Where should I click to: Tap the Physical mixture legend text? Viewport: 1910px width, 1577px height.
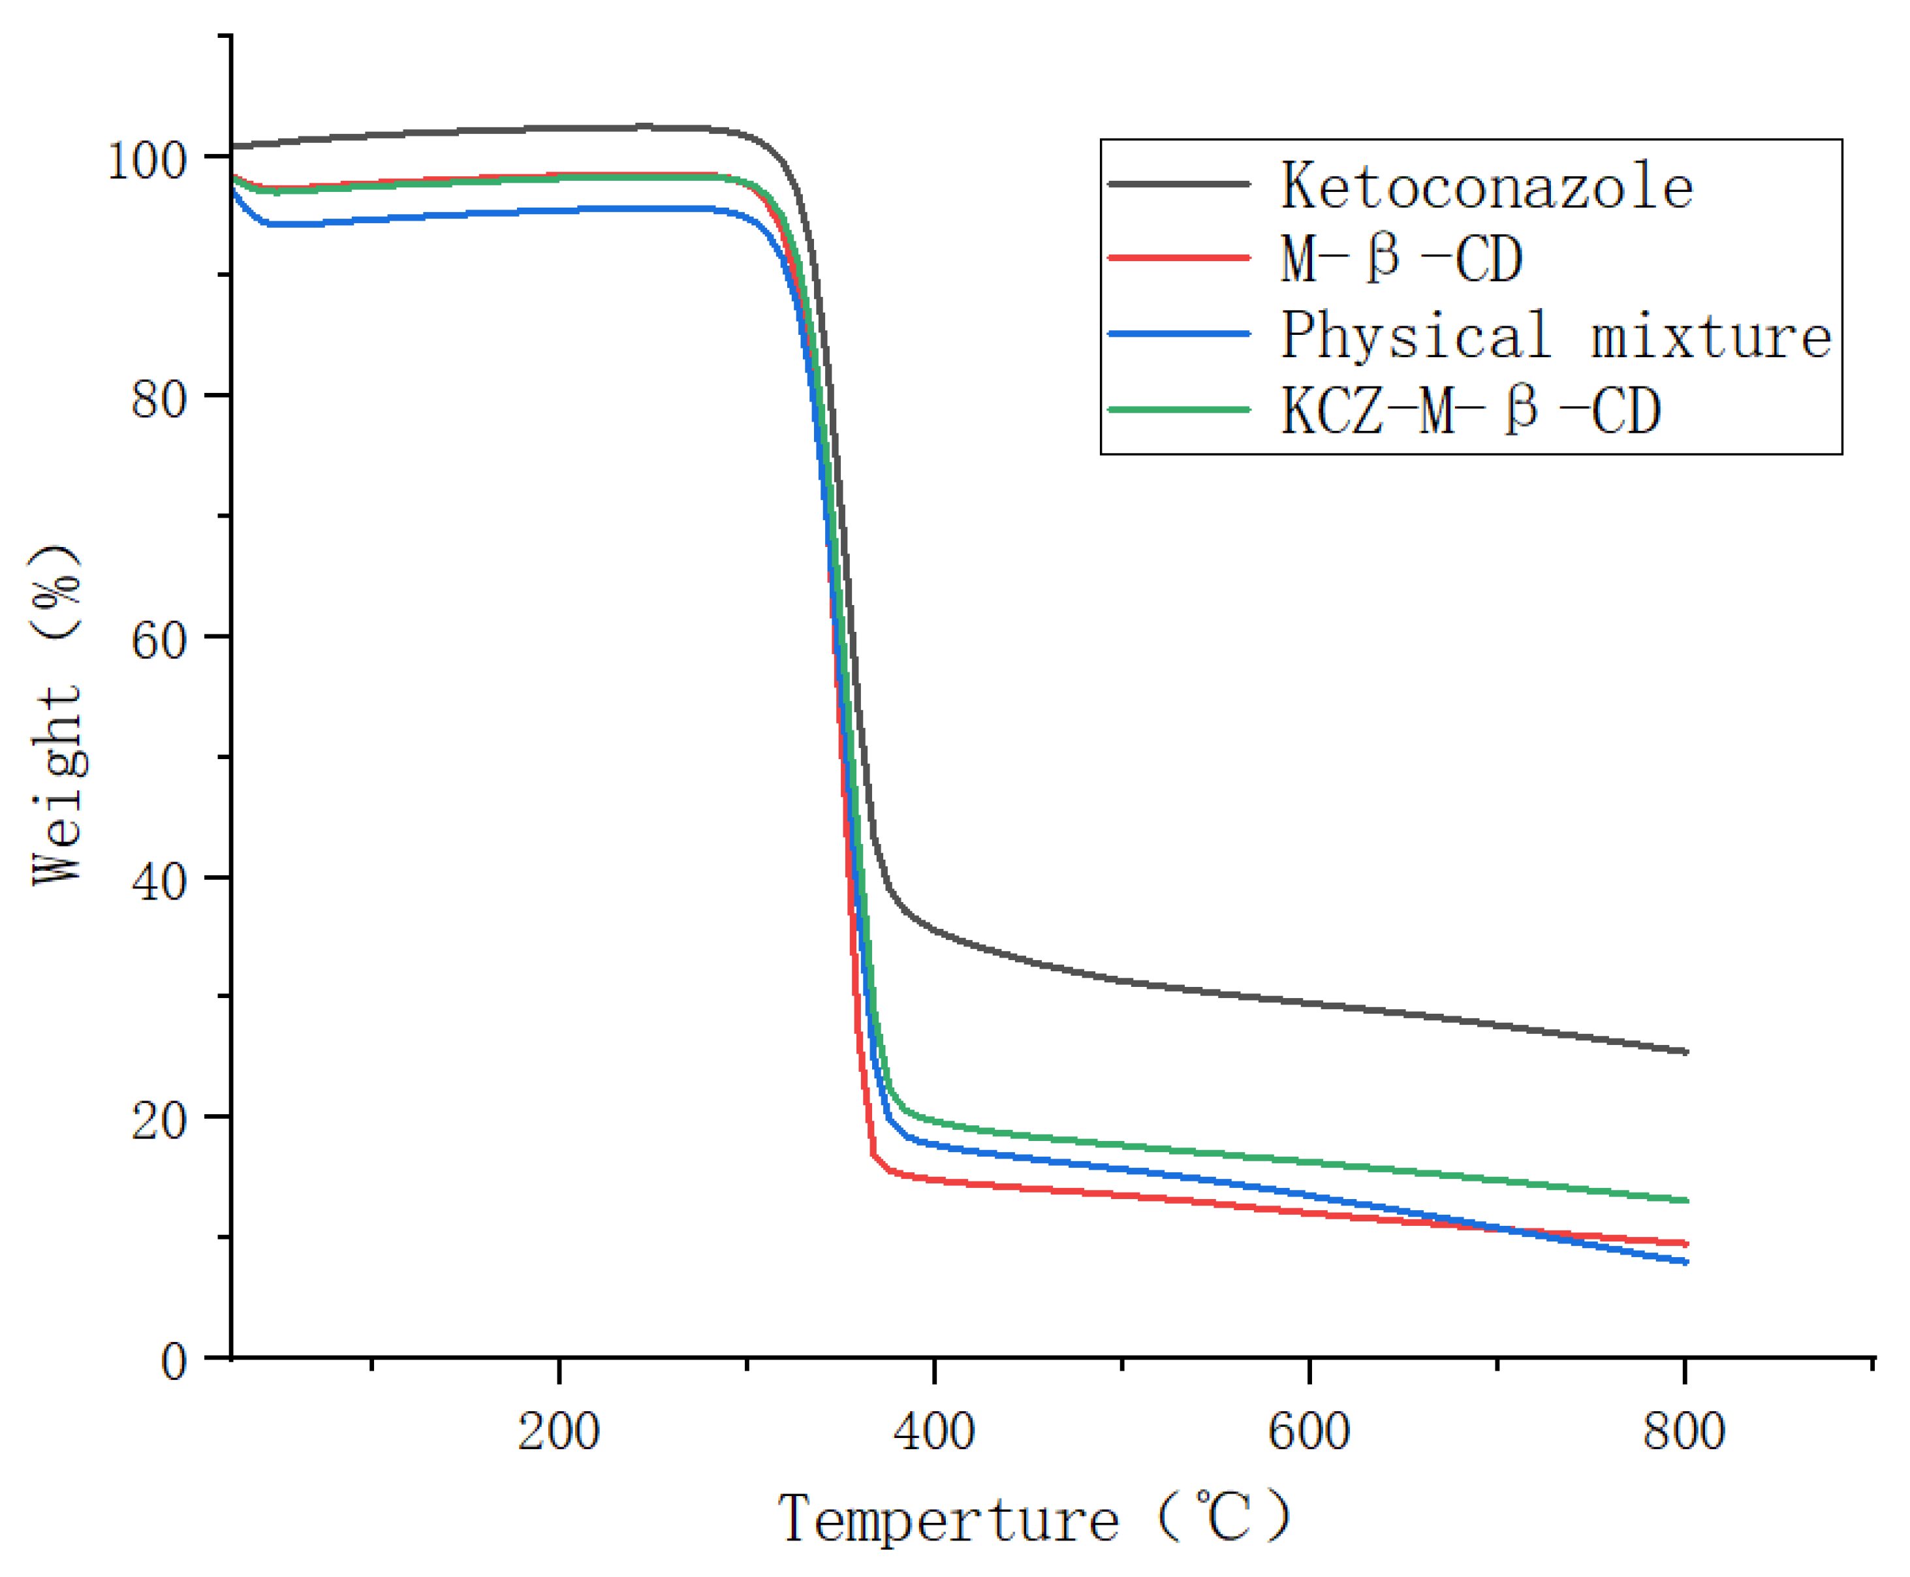tap(1555, 336)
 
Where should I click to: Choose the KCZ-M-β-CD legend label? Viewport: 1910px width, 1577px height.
tap(1469, 411)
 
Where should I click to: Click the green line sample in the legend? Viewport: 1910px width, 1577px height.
tap(1179, 411)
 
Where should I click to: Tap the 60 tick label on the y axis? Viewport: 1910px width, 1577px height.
tap(158, 640)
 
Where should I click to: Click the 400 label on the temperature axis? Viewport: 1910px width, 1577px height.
tap(933, 1433)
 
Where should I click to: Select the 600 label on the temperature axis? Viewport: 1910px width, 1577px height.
tap(1309, 1433)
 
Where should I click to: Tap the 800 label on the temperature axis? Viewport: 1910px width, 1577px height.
tap(1684, 1433)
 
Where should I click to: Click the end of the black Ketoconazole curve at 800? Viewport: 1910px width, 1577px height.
tap(1685, 1052)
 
